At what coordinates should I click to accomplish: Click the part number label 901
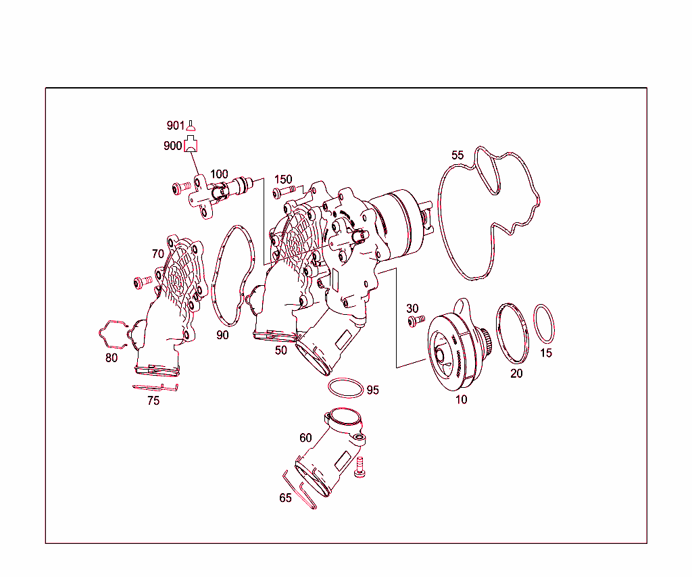(x=175, y=126)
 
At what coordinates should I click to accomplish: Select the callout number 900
(x=172, y=145)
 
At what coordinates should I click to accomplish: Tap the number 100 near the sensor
(x=219, y=174)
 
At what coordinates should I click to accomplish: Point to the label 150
(x=282, y=179)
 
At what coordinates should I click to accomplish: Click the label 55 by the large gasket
(x=458, y=155)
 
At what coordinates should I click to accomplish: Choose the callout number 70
(x=157, y=254)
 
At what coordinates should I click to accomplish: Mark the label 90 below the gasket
(x=223, y=335)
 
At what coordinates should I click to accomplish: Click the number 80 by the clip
(x=112, y=357)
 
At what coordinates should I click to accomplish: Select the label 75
(x=153, y=401)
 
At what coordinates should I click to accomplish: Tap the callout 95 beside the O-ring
(x=372, y=390)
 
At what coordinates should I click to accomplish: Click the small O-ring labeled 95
(x=344, y=388)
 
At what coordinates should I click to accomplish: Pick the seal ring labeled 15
(x=545, y=324)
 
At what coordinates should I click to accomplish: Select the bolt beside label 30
(x=415, y=321)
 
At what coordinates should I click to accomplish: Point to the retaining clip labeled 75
(x=155, y=388)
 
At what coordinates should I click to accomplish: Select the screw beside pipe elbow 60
(x=360, y=467)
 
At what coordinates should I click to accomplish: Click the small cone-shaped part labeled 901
(x=191, y=125)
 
